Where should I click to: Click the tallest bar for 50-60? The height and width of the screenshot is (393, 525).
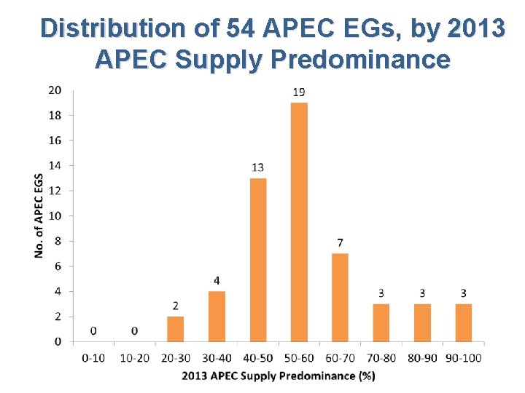pos(299,222)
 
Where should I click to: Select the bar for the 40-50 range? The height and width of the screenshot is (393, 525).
pos(257,260)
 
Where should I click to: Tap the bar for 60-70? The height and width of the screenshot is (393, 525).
pos(340,297)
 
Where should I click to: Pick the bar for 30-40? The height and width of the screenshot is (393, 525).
pos(217,316)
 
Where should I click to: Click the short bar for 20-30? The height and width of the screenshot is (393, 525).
pos(176,328)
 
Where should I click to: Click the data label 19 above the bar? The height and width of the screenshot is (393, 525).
pos(299,92)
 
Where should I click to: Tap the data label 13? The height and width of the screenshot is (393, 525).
pos(257,167)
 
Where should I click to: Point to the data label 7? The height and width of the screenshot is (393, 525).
pos(340,242)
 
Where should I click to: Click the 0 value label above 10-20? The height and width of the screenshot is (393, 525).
pos(135,331)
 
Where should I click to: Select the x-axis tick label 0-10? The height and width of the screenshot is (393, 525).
pos(93,357)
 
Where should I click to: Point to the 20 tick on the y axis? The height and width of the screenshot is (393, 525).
pos(55,90)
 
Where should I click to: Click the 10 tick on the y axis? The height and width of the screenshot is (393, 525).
pos(55,215)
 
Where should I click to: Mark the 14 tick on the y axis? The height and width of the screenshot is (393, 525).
pos(55,165)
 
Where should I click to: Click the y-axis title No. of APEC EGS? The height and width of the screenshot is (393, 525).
pos(38,215)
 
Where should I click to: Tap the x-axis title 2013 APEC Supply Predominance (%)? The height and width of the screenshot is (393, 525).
pos(278,376)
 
